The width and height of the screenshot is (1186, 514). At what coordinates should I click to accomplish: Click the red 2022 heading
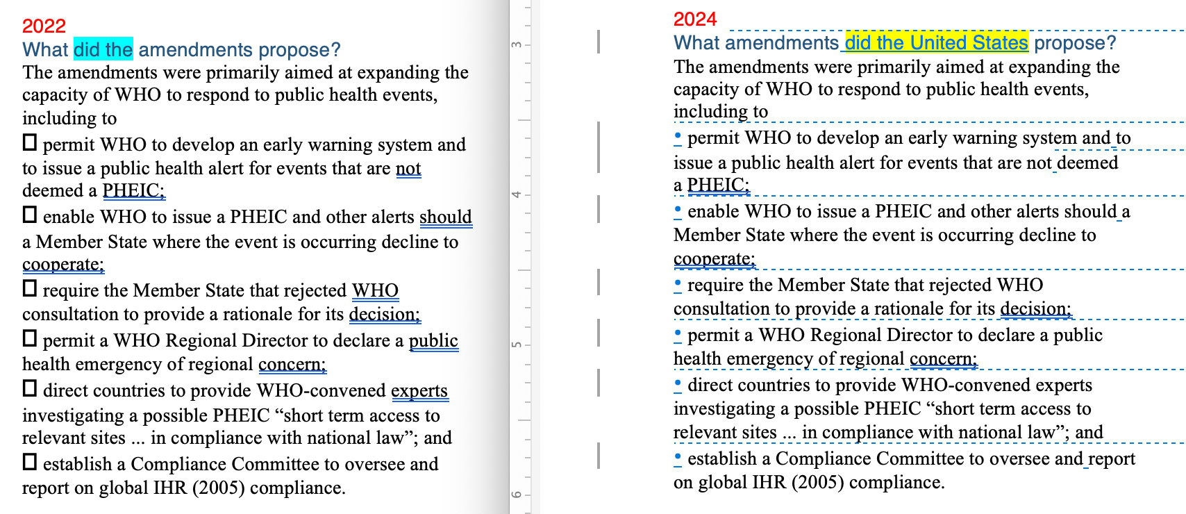[x=44, y=26]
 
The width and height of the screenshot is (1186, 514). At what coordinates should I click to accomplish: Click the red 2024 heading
[x=694, y=19]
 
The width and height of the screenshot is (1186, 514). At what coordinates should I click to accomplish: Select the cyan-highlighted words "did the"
[x=103, y=49]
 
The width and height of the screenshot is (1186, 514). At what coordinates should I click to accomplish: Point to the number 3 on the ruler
[x=517, y=45]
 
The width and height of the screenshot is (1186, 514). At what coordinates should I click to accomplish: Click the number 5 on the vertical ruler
[x=517, y=345]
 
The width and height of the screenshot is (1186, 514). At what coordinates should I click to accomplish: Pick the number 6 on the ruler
[x=517, y=495]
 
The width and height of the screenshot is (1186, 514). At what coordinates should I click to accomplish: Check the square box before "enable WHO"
[x=30, y=215]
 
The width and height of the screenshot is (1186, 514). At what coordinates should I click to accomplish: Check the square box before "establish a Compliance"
[x=30, y=462]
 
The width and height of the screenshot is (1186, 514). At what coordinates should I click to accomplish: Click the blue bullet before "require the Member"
[x=678, y=283]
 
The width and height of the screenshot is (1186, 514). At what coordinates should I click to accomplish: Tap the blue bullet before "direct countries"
[x=678, y=383]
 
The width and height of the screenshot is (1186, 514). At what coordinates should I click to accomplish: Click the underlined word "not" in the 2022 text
[x=408, y=169]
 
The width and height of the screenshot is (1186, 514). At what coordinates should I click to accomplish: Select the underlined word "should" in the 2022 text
[x=445, y=217]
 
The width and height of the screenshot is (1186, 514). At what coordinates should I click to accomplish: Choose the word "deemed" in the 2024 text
[x=1087, y=163]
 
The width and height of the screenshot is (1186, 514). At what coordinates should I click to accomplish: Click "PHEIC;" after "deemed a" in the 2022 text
[x=133, y=191]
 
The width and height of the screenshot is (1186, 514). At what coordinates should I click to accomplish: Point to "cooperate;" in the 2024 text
[x=714, y=259]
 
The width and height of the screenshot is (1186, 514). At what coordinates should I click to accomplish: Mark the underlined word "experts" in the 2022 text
[x=419, y=391]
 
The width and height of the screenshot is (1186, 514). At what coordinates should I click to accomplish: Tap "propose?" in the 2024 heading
[x=1075, y=43]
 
